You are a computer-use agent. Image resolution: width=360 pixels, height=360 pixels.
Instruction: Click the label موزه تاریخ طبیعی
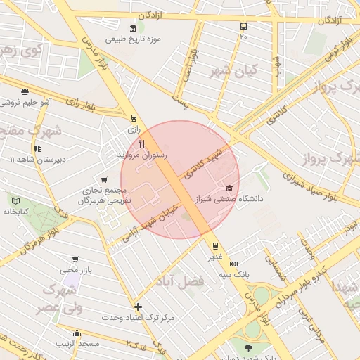coord(138,39)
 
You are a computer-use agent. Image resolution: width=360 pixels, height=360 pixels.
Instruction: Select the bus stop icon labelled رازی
coord(134,119)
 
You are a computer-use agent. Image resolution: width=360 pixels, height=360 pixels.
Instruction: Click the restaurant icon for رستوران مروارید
coord(141,144)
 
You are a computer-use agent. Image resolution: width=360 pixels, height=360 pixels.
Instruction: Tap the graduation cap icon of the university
coord(229,188)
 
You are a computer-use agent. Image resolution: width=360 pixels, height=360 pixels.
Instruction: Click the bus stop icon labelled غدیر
coord(215,245)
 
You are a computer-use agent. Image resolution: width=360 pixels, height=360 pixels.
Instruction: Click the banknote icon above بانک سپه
coord(234,264)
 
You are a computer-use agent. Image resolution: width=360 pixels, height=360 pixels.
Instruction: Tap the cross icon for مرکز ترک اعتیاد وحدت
coord(138,307)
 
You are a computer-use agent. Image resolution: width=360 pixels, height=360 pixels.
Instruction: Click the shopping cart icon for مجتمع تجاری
coord(105,180)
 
